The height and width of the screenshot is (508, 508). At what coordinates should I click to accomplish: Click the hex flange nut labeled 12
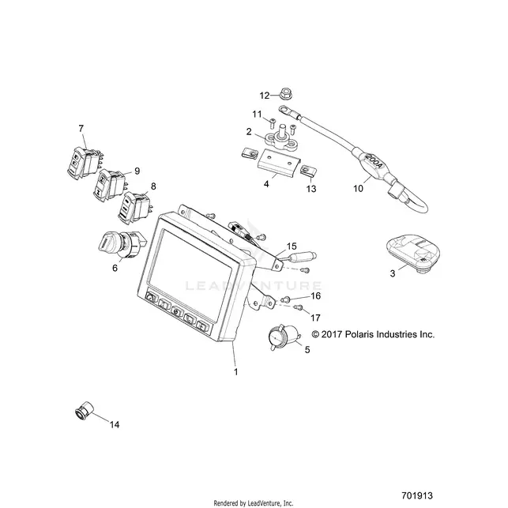coord(285,94)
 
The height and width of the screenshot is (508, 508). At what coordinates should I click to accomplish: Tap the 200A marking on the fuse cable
coord(374,162)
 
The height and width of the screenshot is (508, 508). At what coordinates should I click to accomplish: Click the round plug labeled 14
coord(84,411)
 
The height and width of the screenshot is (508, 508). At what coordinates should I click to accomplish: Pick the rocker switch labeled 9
coord(109,185)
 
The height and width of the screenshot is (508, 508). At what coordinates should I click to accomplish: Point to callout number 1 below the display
coord(236,371)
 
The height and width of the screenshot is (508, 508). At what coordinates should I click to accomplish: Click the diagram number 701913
coord(417,495)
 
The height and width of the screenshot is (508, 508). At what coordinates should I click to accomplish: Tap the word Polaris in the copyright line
coord(359,334)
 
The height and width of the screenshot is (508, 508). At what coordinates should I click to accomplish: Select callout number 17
coord(315,318)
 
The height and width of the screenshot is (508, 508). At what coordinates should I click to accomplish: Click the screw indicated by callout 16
coord(285,299)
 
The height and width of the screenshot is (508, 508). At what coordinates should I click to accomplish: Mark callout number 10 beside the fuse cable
coord(358,188)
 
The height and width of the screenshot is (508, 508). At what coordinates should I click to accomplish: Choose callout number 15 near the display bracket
coord(292,246)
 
